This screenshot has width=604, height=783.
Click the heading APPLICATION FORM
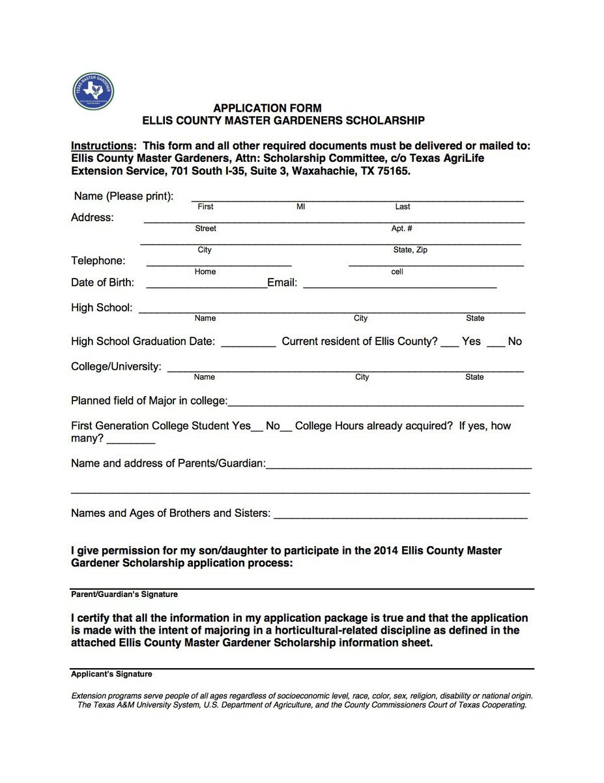click(267, 108)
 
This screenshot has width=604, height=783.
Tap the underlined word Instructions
click(103, 146)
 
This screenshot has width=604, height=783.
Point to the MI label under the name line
click(300, 207)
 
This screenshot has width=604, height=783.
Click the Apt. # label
click(401, 229)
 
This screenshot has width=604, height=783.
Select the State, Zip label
click(410, 251)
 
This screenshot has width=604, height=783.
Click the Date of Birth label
click(102, 283)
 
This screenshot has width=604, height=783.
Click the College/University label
click(116, 367)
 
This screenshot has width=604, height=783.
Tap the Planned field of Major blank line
click(375, 404)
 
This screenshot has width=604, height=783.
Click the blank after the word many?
click(130, 442)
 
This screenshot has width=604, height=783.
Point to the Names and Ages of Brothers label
click(170, 514)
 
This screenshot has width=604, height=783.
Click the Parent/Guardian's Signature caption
click(124, 594)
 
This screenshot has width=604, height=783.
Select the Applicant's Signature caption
click(111, 674)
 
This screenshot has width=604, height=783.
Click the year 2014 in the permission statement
click(386, 551)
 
